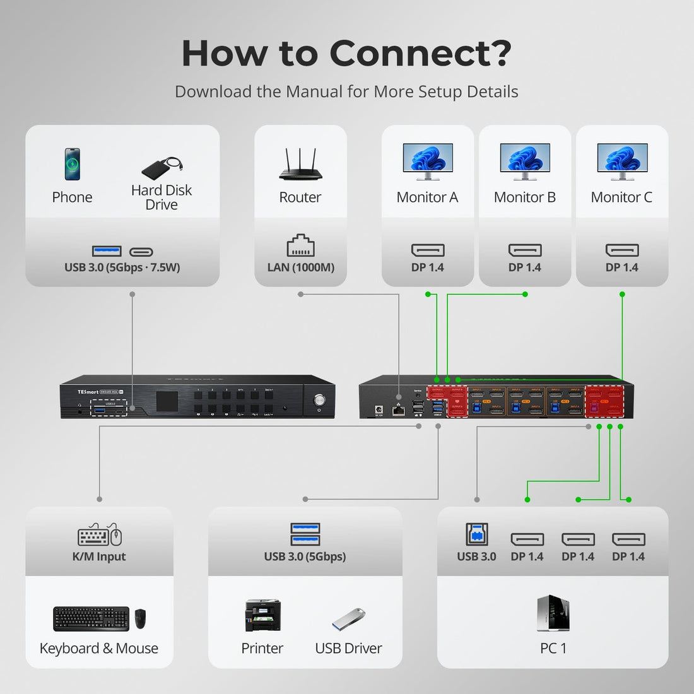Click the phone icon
[73, 164]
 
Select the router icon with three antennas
[300, 165]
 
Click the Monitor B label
[524, 197]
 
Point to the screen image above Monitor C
[621, 159]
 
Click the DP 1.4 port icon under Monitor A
[428, 250]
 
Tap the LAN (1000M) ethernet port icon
[300, 246]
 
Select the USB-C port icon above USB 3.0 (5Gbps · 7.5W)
[141, 252]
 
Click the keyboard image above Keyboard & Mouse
[91, 618]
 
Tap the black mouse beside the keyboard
[141, 619]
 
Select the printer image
[262, 615]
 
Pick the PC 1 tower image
[553, 613]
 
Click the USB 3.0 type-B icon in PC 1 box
[476, 534]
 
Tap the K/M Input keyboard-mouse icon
[100, 535]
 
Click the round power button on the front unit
[319, 400]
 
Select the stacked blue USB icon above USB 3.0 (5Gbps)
[305, 534]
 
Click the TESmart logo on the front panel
[88, 392]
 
